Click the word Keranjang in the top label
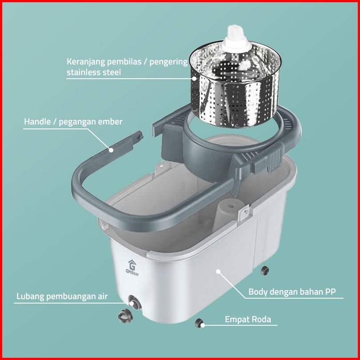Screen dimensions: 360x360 point(86,62)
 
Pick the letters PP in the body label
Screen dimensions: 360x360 point(330,292)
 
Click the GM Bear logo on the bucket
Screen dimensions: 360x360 point(132,268)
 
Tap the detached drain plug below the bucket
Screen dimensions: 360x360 point(125,316)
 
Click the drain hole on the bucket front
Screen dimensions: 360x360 point(135,303)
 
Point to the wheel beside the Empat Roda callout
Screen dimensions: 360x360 point(199,323)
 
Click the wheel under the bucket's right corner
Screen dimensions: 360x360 point(265,271)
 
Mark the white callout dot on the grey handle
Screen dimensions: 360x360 point(111,150)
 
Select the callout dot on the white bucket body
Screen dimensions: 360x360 point(218,272)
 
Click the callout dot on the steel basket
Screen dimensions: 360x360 point(195,79)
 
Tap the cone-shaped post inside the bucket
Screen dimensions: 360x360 point(227,215)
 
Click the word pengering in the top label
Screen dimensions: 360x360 point(168,62)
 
